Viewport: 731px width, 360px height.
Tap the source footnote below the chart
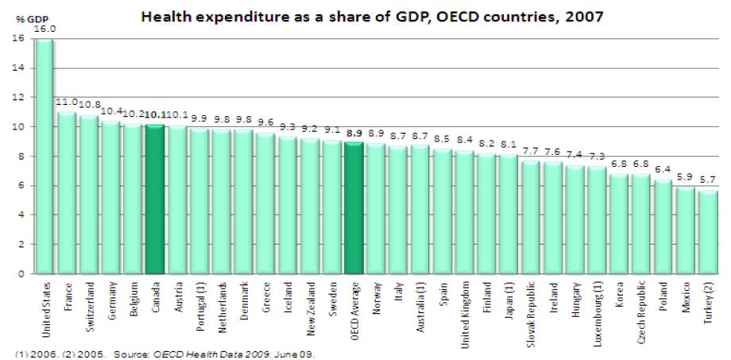tap(159, 354)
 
